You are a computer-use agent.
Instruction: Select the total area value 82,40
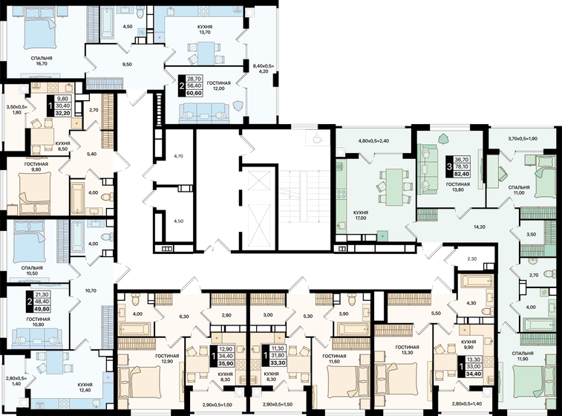[x=462, y=175]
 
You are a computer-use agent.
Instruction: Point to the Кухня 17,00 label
[x=360, y=215]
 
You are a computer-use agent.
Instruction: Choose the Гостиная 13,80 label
[x=458, y=187]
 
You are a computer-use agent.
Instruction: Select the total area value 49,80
[x=42, y=308]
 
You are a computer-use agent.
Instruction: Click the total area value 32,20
[x=62, y=113]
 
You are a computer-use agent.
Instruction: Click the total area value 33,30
[x=279, y=363]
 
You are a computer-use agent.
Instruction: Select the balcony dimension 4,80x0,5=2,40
[x=374, y=141]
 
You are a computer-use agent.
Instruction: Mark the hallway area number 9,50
[x=127, y=65]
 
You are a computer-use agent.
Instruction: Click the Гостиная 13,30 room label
[x=408, y=350]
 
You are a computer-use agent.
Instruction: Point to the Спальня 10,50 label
[x=32, y=270]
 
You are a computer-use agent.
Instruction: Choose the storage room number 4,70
[x=178, y=156]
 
